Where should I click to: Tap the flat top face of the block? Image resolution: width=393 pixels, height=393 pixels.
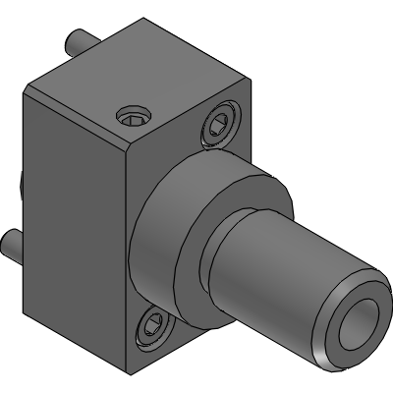[x=147, y=84]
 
